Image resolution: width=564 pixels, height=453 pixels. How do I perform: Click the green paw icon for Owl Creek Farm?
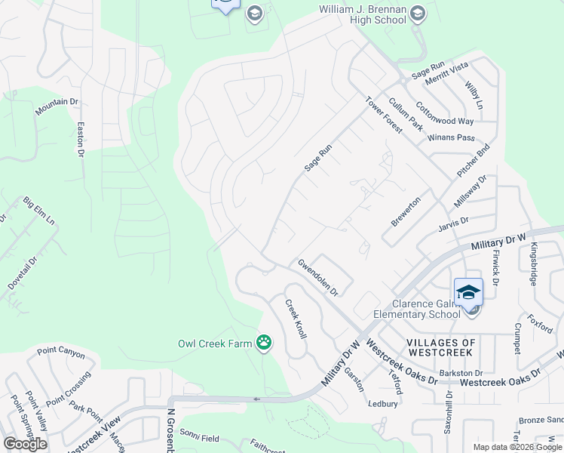[264, 344]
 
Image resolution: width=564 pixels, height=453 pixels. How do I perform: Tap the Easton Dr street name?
[80, 140]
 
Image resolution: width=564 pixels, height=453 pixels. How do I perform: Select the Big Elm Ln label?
[39, 212]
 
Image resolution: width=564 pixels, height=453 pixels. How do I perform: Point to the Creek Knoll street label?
[295, 319]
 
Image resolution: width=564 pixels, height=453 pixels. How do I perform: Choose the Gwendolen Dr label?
[317, 276]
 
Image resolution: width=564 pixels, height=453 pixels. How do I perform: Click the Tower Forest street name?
[384, 115]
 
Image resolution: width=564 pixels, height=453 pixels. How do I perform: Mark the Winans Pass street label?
[451, 137]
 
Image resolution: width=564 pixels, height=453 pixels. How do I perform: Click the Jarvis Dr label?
[453, 220]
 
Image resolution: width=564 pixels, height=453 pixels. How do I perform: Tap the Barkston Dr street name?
[461, 373]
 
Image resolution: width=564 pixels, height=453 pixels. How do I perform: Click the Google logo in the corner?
[24, 443]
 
